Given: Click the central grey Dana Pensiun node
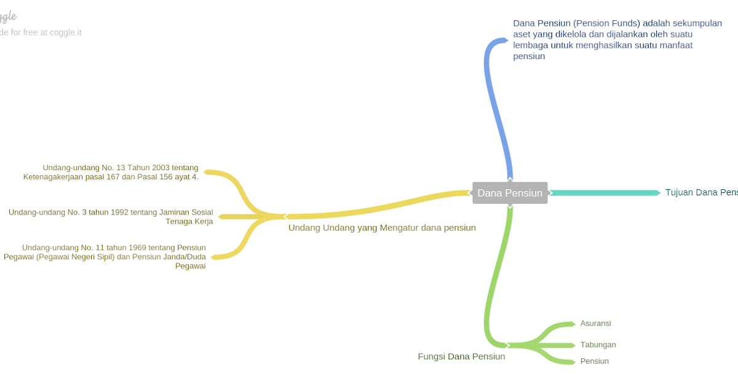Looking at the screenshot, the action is click(x=510, y=193).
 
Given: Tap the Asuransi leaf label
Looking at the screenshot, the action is click(x=595, y=323).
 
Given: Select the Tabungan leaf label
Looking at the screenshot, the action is click(x=598, y=345).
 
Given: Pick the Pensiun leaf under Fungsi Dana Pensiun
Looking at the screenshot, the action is click(x=594, y=361).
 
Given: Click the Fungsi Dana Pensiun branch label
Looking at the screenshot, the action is click(x=461, y=356).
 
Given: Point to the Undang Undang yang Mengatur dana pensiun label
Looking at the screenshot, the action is click(x=382, y=227).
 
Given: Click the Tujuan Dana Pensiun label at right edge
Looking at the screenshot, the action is click(x=701, y=192).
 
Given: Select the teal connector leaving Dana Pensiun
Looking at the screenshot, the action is click(x=603, y=193).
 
